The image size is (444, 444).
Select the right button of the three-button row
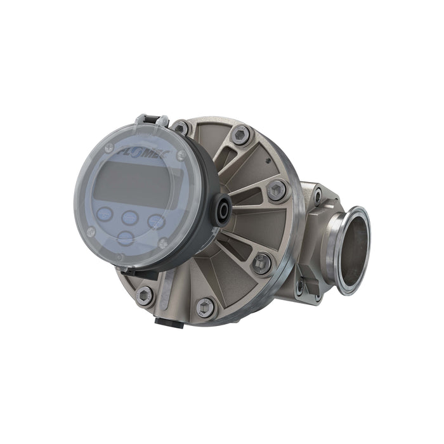click(x=155, y=220)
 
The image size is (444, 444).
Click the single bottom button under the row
click(x=126, y=237)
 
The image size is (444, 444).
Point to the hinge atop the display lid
click(x=153, y=120)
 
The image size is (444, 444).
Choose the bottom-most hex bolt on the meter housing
click(x=206, y=308)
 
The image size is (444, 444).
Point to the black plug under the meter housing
click(x=169, y=322)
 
